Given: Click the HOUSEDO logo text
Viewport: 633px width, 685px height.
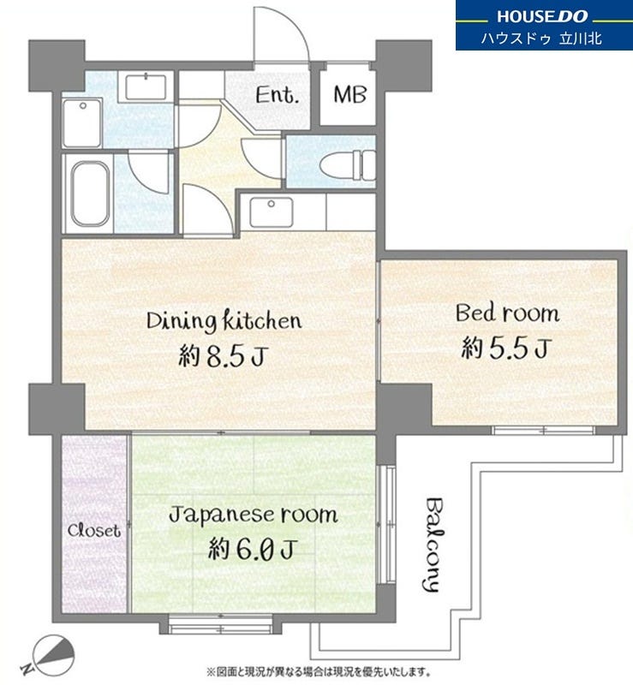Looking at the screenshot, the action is (x=542, y=16).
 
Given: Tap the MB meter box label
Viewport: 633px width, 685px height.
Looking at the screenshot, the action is (x=349, y=94).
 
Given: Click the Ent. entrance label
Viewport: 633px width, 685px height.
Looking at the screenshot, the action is (x=278, y=95).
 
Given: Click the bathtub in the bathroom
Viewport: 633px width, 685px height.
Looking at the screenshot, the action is (x=91, y=194).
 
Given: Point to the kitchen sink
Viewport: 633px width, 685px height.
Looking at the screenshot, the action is (x=271, y=212).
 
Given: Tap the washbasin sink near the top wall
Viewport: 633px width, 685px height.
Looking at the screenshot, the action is (x=146, y=87).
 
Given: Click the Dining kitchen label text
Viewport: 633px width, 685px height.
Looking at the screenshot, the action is (x=224, y=321).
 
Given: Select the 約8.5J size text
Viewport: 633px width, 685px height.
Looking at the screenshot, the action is (x=223, y=355).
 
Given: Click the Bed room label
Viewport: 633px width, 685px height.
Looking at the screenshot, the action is (x=508, y=313).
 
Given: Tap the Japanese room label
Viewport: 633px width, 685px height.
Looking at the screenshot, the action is (x=254, y=515).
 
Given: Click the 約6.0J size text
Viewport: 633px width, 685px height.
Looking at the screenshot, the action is (x=252, y=549).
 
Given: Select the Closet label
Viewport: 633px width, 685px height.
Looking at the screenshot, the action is (x=93, y=531).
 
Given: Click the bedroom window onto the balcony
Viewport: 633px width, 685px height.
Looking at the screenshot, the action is (x=543, y=431).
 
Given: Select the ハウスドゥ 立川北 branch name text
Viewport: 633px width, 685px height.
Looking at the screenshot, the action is (x=541, y=39).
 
